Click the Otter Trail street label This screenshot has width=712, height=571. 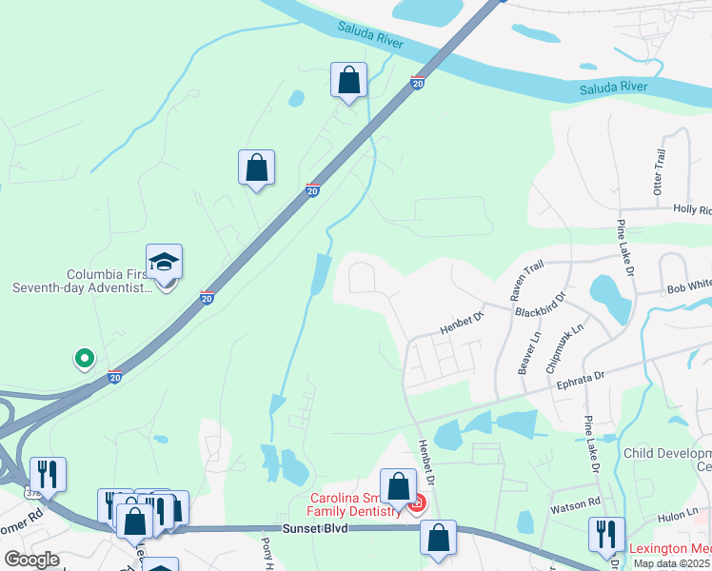coord(660,172)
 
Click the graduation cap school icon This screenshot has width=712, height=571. coord(165,263)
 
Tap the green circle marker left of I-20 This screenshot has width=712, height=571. coord(85,359)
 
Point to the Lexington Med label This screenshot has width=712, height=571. coord(670,549)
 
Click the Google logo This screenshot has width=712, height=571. coord(30,560)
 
